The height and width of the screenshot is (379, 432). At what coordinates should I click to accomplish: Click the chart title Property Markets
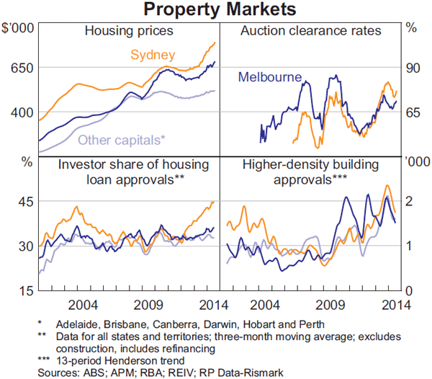(x=216, y=10)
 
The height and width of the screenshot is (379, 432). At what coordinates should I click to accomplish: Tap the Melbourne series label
(x=269, y=76)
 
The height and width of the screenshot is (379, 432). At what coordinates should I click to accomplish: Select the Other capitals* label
(x=121, y=140)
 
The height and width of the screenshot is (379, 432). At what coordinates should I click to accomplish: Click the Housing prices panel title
(x=129, y=31)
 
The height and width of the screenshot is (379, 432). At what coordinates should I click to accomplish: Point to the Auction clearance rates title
(x=311, y=31)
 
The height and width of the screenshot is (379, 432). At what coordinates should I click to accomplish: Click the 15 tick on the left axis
(x=25, y=290)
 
